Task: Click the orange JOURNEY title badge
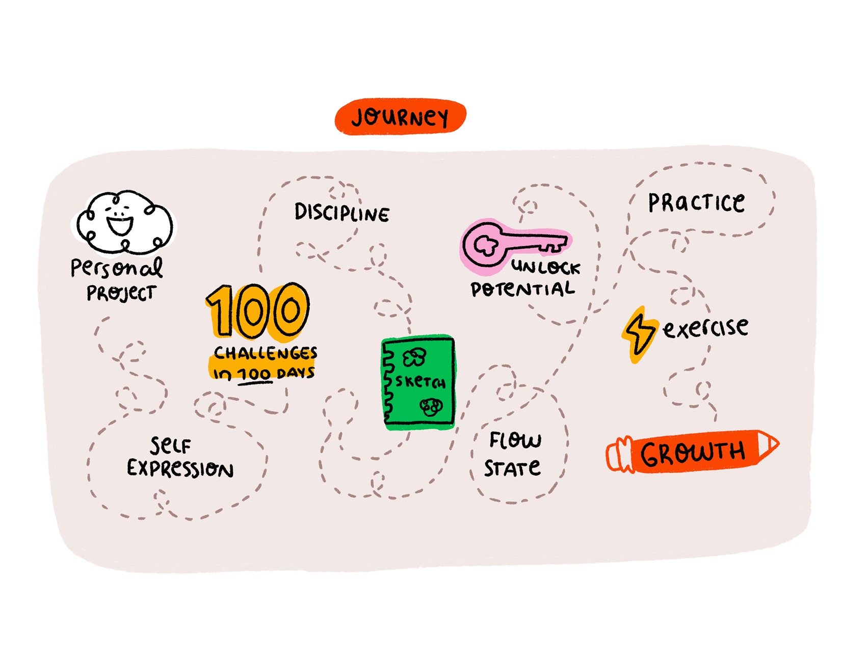pos(400,117)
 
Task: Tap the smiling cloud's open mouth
pos(120,225)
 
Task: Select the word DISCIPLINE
pos(341,213)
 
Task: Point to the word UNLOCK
pos(545,267)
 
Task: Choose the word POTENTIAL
pos(522,289)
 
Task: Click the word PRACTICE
pos(696,202)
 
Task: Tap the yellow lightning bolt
pos(639,334)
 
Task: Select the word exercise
pos(705,327)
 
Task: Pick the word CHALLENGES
pos(266,353)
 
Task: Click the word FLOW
pos(515,440)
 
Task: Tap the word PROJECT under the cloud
pos(121,293)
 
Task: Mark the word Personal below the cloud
pos(117,268)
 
